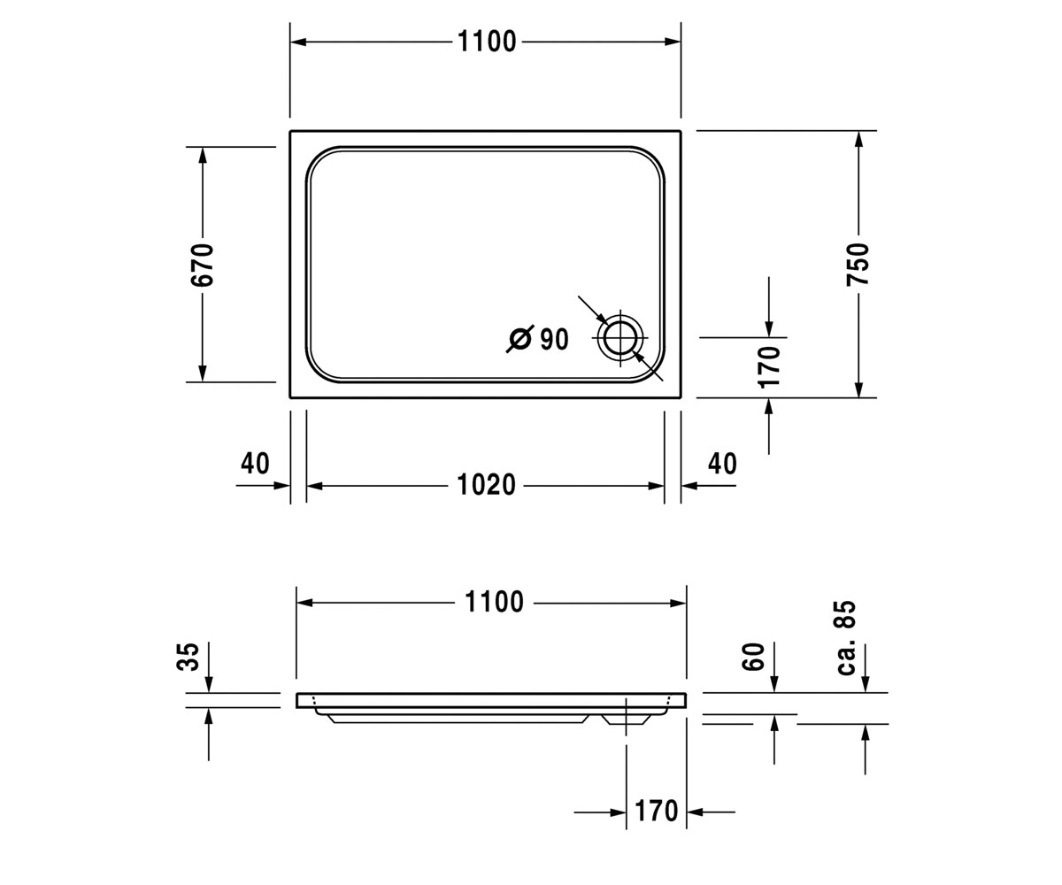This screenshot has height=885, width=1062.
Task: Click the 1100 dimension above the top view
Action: point(487,42)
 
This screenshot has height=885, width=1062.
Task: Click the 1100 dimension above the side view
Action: point(494,602)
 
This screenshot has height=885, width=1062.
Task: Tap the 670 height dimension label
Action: point(203,265)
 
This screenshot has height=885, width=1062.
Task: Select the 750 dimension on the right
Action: point(858,264)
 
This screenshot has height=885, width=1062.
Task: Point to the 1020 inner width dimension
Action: point(486,484)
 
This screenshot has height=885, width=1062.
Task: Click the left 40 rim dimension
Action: point(255,463)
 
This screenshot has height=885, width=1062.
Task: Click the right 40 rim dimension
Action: point(722,464)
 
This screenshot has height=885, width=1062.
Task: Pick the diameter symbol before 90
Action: point(519,339)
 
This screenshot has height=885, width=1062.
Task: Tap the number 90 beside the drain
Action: point(554,339)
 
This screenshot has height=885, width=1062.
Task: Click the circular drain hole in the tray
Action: point(620,338)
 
